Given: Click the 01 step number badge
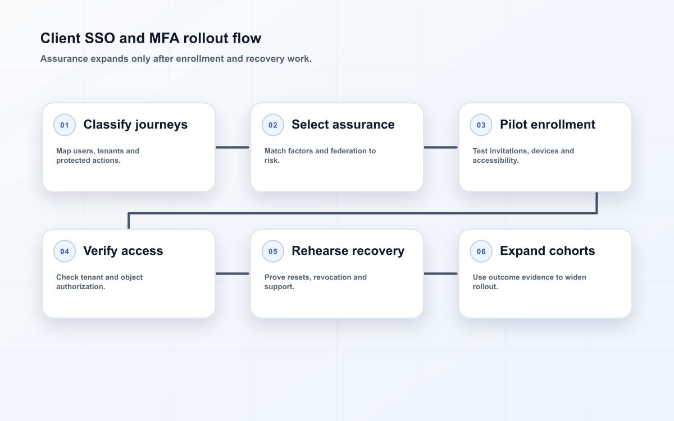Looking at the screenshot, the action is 65,125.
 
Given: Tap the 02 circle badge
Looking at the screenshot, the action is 272,125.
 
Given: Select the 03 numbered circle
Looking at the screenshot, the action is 481,125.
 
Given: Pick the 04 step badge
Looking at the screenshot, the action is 65,251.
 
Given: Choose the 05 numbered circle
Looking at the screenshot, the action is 272,251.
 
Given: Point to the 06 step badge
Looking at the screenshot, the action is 481,251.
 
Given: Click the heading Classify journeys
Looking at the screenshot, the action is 135,125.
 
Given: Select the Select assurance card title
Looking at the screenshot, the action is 343,125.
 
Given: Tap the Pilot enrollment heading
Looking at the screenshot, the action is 547,125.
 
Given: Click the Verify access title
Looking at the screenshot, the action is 123,251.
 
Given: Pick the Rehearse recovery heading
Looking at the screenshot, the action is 348,251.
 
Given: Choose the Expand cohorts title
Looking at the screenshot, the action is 547,251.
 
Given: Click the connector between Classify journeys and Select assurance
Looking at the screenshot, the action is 233,147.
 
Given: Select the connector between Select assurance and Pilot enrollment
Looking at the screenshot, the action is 440,147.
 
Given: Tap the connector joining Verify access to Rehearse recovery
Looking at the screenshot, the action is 233,274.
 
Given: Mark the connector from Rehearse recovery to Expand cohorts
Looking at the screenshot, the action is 440,274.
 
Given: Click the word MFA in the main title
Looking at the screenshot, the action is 164,39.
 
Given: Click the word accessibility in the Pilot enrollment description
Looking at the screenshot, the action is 495,161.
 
